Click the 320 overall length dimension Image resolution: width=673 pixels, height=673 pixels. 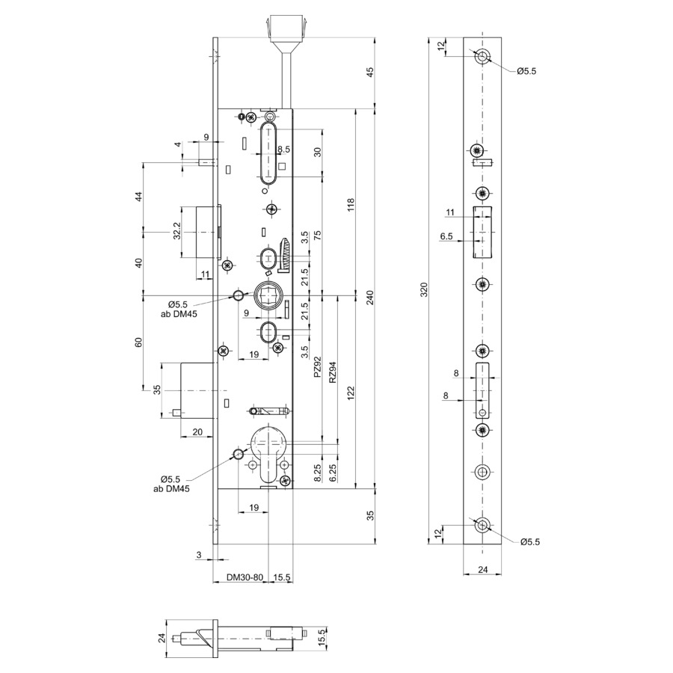click(x=424, y=291)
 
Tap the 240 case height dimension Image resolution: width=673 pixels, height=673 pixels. click(x=370, y=298)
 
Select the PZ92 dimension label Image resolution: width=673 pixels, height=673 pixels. click(x=317, y=367)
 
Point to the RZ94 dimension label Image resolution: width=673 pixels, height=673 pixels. click(x=333, y=372)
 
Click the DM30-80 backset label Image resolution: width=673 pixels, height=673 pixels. click(x=245, y=577)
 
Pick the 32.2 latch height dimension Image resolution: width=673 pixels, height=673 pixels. click(x=176, y=232)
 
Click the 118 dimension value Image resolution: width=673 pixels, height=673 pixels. click(x=351, y=205)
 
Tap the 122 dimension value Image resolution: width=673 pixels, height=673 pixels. click(x=351, y=393)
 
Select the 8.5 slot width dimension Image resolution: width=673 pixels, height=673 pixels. click(x=283, y=150)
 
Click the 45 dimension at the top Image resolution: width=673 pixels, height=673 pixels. click(x=370, y=72)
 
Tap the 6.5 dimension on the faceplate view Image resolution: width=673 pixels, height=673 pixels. click(x=446, y=236)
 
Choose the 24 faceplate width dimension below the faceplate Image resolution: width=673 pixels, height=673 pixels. click(x=483, y=570)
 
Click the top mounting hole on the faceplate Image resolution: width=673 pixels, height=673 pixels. click(x=483, y=56)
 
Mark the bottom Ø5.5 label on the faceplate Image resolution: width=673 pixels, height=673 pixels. click(x=530, y=542)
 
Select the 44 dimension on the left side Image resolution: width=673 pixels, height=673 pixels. click(x=138, y=197)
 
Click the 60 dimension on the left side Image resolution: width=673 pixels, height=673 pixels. click(x=138, y=342)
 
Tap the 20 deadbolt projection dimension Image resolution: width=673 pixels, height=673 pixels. click(x=197, y=431)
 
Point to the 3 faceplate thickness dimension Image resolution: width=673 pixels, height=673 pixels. click(x=199, y=555)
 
